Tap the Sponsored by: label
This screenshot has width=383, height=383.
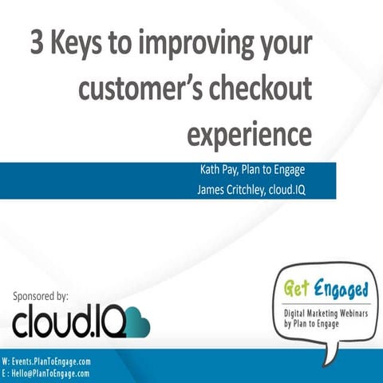41,296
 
